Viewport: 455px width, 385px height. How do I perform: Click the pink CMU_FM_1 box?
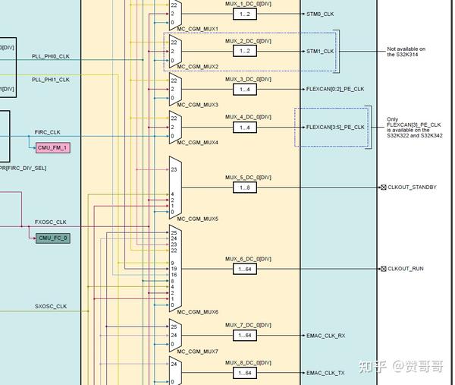[x=53, y=147]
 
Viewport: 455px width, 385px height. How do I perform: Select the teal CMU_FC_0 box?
[x=53, y=238]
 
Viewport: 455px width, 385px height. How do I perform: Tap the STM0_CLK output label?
[x=320, y=14]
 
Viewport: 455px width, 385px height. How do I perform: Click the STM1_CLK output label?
[x=320, y=52]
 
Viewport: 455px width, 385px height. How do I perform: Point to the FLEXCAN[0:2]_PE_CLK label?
[x=334, y=89]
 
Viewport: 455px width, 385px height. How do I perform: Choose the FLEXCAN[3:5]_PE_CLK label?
[x=334, y=127]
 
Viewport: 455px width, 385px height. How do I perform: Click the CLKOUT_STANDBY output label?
[x=412, y=187]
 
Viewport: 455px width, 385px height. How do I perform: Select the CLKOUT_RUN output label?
[x=406, y=269]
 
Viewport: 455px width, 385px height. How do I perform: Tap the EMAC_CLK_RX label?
[x=325, y=335]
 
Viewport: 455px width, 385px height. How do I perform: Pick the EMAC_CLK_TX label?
[x=325, y=373]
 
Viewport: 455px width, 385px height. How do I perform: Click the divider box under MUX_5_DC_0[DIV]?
[x=243, y=187]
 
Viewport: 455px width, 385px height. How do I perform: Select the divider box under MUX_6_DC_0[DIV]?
[x=243, y=269]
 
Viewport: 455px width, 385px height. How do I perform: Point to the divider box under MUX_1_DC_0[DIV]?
[x=243, y=14]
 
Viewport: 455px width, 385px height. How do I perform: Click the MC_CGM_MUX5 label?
[x=197, y=219]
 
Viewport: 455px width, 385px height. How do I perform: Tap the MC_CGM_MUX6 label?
[x=197, y=312]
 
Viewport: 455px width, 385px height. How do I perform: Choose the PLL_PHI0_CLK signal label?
[x=51, y=56]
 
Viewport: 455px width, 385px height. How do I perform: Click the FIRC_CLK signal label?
[x=48, y=132]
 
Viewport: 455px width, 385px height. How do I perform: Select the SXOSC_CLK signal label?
[x=51, y=307]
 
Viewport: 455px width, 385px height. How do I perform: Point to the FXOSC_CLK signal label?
[x=51, y=222]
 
